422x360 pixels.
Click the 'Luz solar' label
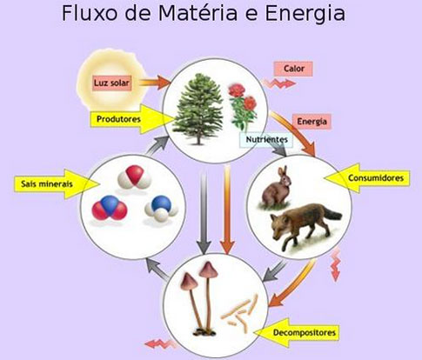[112, 83]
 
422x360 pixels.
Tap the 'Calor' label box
[293, 69]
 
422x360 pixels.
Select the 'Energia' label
[311, 122]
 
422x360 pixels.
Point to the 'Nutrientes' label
[266, 140]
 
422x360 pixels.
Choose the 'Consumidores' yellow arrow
[368, 178]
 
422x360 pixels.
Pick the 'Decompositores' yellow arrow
[297, 332]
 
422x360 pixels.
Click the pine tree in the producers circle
[198, 109]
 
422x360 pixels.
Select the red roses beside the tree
[243, 106]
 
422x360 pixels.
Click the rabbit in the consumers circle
[276, 188]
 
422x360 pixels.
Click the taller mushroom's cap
[208, 270]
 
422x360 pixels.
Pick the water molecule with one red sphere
[135, 177]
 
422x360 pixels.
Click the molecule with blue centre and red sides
[110, 208]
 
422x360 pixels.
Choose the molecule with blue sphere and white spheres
[161, 207]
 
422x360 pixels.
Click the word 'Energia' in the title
[305, 13]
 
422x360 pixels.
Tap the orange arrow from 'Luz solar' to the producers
[154, 82]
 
